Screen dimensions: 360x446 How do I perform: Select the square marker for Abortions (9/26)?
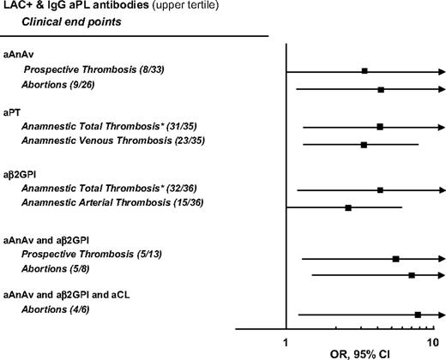coord(381,89)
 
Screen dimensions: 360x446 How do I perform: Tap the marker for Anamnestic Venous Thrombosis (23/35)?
coord(365,145)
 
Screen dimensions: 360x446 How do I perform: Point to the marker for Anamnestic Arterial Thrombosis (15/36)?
coord(348,207)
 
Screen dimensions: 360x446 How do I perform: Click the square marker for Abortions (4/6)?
coord(418,315)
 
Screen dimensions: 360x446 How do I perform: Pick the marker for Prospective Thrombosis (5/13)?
coord(395,258)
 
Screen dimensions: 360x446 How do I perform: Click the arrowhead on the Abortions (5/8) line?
coord(440,275)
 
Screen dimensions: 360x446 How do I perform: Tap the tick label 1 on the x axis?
coord(286,341)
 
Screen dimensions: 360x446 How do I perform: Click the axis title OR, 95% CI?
coord(361,352)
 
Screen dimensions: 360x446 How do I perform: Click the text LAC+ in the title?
coord(15,7)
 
